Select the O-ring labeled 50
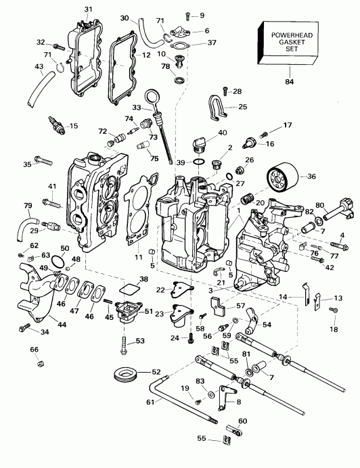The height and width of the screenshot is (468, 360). pos(59,262)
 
